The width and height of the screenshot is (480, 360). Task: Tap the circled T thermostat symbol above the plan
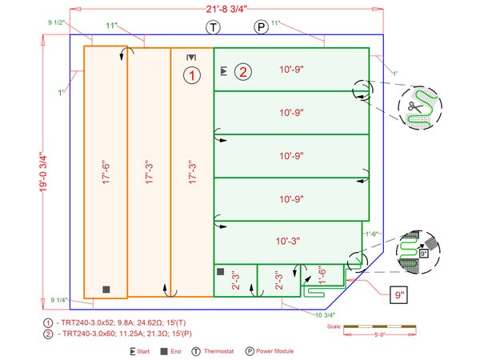[214, 27]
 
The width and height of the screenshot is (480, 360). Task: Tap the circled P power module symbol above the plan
[261, 27]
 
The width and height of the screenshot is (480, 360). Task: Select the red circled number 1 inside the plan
[192, 75]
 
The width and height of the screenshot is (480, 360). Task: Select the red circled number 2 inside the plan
[242, 72]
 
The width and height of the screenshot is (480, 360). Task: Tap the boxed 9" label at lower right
[398, 295]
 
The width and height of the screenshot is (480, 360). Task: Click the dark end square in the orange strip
[106, 288]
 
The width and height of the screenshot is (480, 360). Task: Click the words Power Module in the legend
[281, 350]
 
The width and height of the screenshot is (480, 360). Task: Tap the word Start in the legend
[144, 350]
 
